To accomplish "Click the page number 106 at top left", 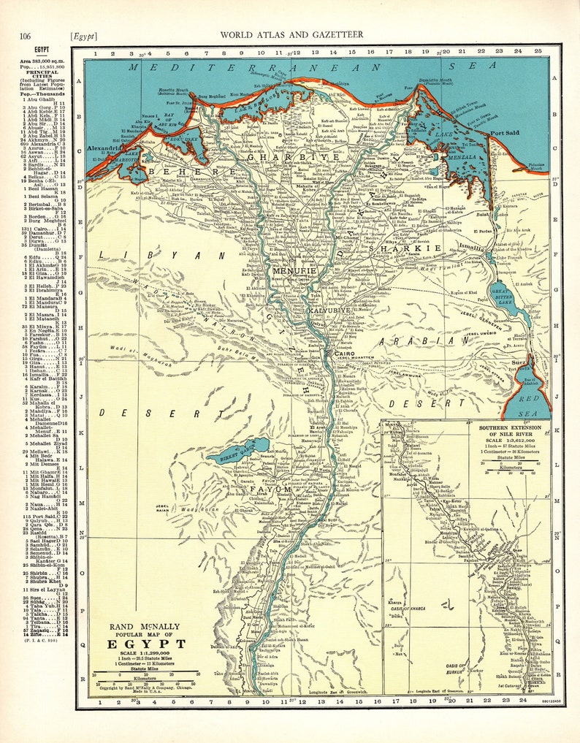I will [26, 35].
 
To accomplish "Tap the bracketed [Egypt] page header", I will [84, 35].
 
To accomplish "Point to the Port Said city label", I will [505, 134].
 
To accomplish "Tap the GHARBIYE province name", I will [293, 156].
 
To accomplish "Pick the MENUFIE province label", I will [294, 270].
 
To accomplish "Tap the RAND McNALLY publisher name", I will [142, 626].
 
